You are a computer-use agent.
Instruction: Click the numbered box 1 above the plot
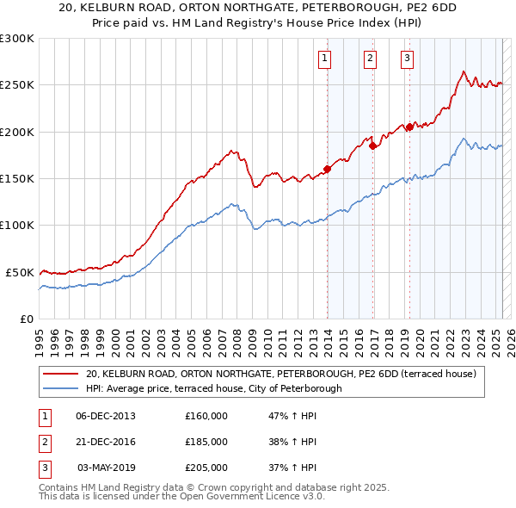[325, 59]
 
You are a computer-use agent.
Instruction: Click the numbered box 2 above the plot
[370, 59]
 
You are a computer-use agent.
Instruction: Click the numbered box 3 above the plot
[406, 59]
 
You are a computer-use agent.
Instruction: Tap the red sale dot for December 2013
[328, 169]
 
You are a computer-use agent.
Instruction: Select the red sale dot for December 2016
[372, 146]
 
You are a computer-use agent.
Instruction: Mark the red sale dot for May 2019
[408, 127]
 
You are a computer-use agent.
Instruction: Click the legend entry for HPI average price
[214, 388]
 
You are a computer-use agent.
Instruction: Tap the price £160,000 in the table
[206, 416]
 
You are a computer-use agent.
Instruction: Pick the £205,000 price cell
[206, 468]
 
